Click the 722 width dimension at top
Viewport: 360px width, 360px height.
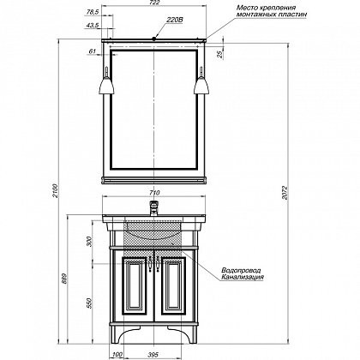tap(154, 3)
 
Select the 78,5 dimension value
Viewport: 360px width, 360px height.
tap(93, 12)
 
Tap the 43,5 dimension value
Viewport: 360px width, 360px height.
tap(93, 25)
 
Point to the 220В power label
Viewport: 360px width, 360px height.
tap(175, 20)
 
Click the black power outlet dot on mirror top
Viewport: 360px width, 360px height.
tap(154, 39)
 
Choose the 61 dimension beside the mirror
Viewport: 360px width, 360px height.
tap(92, 51)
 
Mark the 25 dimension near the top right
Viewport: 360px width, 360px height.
tap(220, 55)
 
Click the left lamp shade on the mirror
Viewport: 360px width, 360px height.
tap(106, 86)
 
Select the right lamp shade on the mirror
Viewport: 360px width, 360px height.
tap(201, 86)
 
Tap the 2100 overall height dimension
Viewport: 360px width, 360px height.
tap(56, 191)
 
